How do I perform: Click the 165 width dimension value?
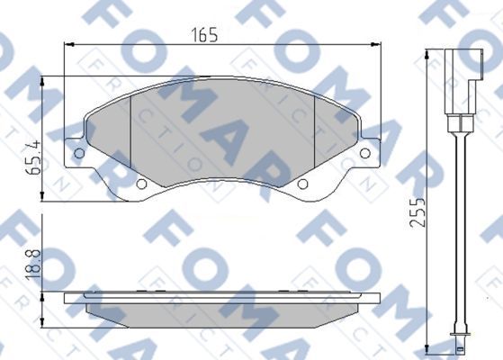coord(204,35)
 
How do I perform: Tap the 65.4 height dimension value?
coord(33,157)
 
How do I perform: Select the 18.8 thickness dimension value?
coord(33,265)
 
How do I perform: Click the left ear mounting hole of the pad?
coord(79,153)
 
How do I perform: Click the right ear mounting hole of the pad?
coord(365,153)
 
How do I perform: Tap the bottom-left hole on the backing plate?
coord(141,184)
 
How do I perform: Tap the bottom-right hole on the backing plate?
coord(302,184)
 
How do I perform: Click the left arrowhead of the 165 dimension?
coord(69,45)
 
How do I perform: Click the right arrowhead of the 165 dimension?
coord(375,45)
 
